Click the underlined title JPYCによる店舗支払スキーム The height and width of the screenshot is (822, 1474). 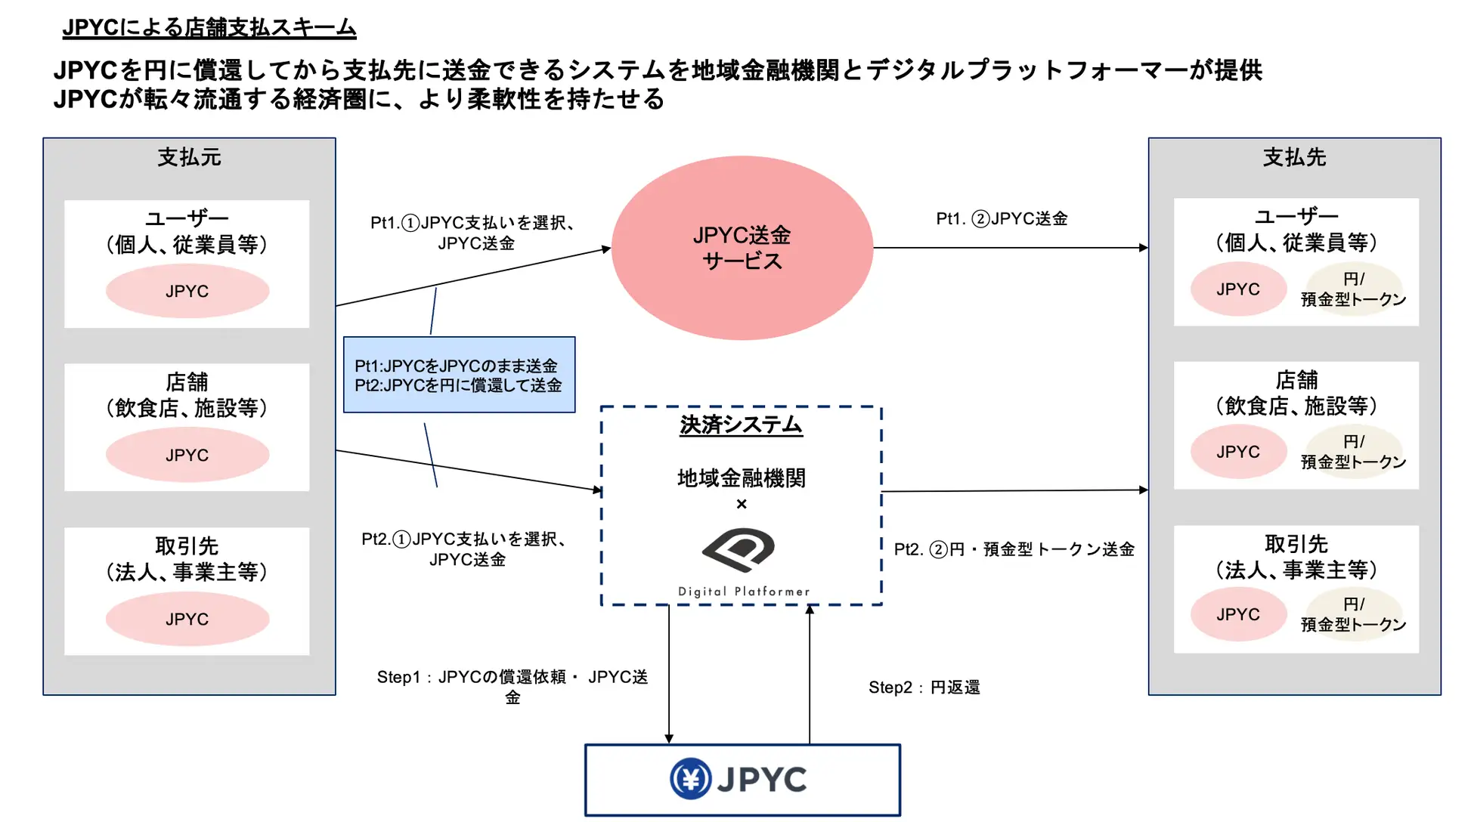[209, 28]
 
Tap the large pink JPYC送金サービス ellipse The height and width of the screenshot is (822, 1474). [742, 248]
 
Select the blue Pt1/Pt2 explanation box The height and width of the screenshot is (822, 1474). [459, 375]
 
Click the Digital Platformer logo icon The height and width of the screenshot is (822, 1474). [739, 549]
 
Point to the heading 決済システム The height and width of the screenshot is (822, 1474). [741, 425]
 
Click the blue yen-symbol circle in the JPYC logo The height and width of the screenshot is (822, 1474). [690, 779]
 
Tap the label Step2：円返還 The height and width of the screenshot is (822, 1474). [924, 688]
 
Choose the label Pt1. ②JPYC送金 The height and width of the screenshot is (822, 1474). [1002, 219]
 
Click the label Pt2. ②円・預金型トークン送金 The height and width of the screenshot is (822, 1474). [1014, 549]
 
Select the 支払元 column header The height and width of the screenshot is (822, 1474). [189, 157]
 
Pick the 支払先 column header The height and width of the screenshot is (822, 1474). [1294, 157]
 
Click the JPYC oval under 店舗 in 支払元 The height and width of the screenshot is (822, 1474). [187, 455]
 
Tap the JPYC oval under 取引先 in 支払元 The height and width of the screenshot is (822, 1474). [187, 619]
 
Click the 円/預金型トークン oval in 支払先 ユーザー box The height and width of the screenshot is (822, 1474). [1353, 289]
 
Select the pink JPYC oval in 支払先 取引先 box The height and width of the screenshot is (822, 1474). [1238, 614]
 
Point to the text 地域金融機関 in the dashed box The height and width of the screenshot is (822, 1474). [741, 478]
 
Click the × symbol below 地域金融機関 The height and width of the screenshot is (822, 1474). [742, 504]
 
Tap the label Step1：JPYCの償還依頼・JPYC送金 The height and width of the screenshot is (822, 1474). [512, 687]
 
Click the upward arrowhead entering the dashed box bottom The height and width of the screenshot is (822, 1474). [810, 609]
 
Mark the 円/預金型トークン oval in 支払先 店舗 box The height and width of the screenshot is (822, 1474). [1353, 452]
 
